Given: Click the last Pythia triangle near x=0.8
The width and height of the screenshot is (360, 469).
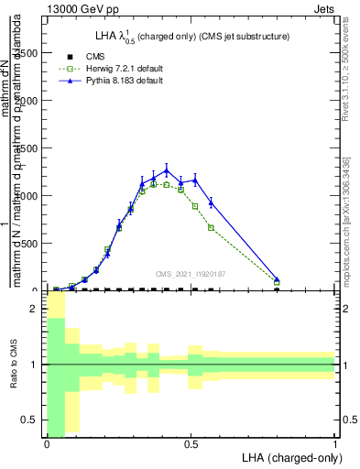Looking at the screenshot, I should (278, 279).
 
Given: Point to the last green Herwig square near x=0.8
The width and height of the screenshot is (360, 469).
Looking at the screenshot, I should (278, 283).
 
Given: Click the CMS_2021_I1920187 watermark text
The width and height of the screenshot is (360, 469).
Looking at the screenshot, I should (191, 274).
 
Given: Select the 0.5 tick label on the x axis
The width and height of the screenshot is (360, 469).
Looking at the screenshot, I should (191, 443).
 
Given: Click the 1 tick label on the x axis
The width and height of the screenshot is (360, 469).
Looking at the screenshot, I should (335, 443).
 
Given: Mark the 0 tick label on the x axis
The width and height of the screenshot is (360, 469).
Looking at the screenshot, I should (47, 443).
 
